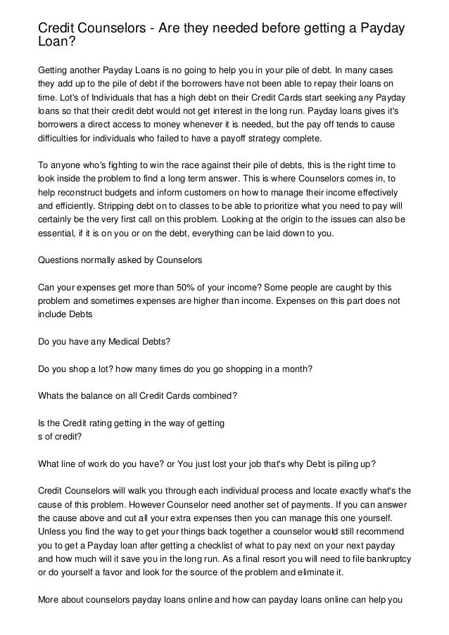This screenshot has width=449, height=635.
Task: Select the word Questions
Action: pyautogui.click(x=61, y=260)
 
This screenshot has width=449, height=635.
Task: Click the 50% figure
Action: pyautogui.click(x=172, y=287)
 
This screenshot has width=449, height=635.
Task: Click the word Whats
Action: pyautogui.click(x=51, y=395)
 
